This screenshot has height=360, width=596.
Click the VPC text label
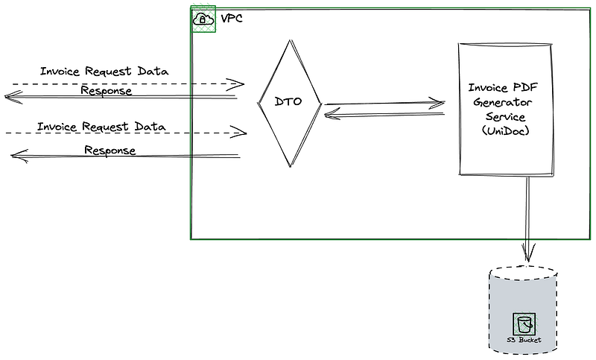pos(232,18)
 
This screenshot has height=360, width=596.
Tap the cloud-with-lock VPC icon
pos(203,19)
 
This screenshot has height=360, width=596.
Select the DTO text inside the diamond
pos(288,101)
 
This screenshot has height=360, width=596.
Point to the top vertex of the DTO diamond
pos(291,40)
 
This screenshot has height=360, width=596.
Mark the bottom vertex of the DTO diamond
pos(291,166)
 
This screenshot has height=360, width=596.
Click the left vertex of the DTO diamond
pos(259,103)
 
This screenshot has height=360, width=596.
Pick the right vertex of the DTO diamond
pos(322,103)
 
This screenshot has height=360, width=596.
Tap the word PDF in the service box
pos(525,87)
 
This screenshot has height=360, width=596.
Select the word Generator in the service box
pos(502,102)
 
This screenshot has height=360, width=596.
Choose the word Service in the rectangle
pos(505,116)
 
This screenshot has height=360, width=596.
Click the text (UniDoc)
pos(506,130)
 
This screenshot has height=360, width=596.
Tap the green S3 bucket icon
pos(524,324)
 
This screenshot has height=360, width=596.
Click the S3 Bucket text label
pos(524,340)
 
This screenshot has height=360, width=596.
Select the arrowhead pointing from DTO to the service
pos(437,103)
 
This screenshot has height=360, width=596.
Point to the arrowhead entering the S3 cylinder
pos(528,252)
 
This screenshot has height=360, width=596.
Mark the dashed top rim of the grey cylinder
pos(523,267)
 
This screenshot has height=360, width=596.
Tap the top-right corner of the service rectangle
pos(552,45)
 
